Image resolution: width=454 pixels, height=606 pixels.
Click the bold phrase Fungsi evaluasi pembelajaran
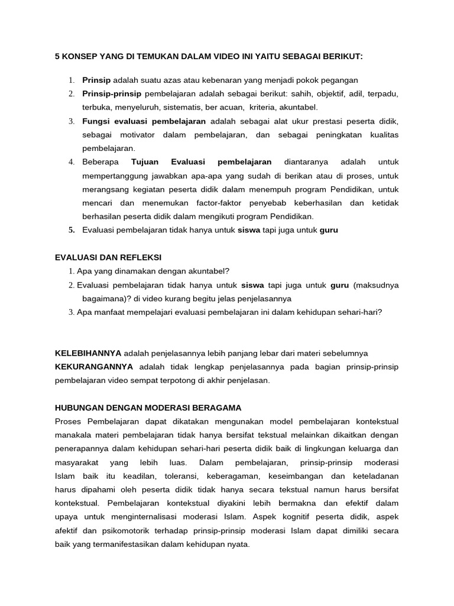pyautogui.click(x=144, y=121)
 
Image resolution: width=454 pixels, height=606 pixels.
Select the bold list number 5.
pyautogui.click(x=71, y=230)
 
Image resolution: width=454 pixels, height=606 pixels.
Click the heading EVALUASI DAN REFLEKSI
pyautogui.click(x=108, y=257)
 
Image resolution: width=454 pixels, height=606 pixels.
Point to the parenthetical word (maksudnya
pyautogui.click(x=376, y=285)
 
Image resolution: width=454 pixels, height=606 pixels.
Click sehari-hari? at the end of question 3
pyautogui.click(x=361, y=312)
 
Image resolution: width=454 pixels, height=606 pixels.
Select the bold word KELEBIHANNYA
pyautogui.click(x=87, y=353)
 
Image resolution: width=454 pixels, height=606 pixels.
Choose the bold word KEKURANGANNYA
pyautogui.click(x=93, y=367)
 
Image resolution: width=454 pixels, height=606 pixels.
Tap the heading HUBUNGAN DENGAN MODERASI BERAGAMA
pyautogui.click(x=148, y=408)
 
